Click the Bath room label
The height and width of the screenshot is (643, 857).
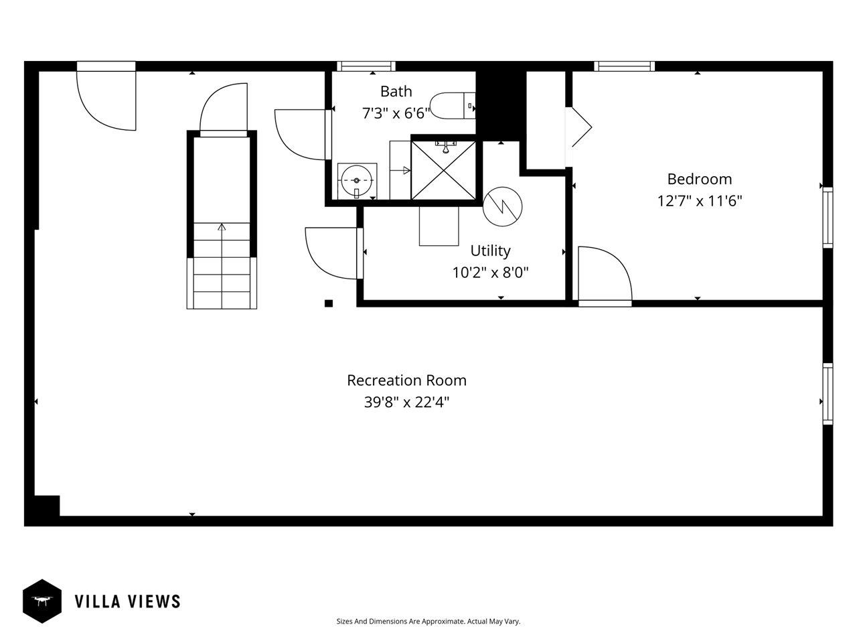[396, 91]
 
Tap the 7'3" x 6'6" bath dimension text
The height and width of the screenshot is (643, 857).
[396, 113]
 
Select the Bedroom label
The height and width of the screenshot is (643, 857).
[699, 179]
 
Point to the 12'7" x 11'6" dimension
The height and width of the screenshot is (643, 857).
[699, 201]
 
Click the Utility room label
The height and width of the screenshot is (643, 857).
[490, 251]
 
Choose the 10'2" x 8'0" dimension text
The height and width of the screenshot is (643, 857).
[490, 273]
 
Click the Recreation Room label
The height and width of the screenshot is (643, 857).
[406, 380]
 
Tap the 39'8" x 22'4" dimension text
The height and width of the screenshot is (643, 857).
[406, 403]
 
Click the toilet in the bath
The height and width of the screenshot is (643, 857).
[452, 106]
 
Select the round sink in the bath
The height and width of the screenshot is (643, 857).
[356, 181]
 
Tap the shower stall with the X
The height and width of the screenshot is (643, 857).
[444, 170]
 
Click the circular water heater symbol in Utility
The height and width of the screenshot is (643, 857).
[502, 204]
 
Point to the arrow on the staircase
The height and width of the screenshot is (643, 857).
[222, 228]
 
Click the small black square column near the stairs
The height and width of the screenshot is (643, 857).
[329, 303]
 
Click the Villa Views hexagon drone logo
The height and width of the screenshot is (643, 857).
[42, 601]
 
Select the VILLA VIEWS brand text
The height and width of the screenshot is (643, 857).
[127, 601]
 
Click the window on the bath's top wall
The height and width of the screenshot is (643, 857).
[366, 66]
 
